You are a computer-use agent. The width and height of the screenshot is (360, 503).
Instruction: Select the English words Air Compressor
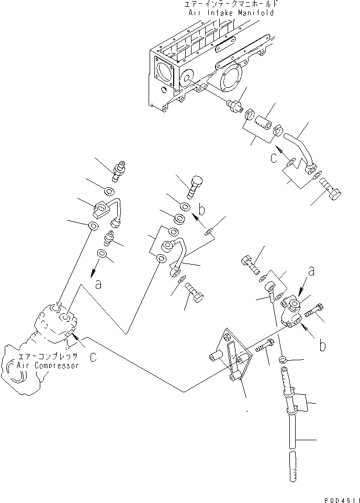point(48,365)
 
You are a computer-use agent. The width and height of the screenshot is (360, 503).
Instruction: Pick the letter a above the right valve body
point(312,272)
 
